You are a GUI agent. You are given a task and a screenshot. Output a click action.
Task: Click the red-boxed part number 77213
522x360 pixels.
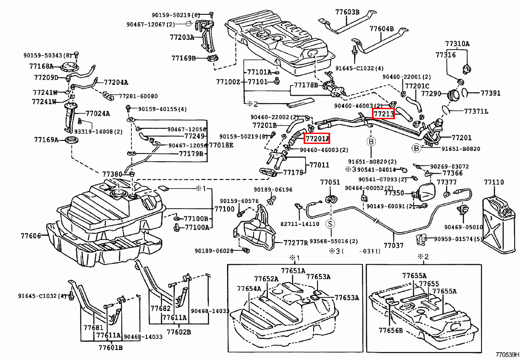pos(383,114)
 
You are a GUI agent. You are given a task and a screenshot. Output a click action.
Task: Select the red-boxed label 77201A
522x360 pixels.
pos(316,138)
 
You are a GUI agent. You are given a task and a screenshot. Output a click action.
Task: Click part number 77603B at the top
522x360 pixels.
pos(347,12)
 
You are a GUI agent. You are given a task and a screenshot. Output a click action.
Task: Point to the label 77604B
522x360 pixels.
pos(381,29)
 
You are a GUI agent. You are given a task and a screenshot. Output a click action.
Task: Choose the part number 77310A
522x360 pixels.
pos(457,44)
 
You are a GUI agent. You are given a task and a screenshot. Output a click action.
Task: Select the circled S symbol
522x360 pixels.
pos(330,224)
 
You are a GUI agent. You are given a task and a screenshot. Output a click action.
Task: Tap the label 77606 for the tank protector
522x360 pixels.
pos(30,236)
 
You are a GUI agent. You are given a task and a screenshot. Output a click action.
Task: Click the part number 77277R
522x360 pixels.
pos(295,242)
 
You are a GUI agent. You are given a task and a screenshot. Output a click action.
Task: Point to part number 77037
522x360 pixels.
pos(393,246)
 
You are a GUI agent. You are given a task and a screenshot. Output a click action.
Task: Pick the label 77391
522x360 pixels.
pos(490,93)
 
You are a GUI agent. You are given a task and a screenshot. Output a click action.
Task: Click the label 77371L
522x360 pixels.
pos(476,112)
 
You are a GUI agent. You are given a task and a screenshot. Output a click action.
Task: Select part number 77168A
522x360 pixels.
pos(41,67)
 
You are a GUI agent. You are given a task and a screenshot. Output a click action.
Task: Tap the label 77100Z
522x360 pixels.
pos(228,82)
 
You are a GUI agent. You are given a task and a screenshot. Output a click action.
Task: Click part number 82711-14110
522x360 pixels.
pos(300,224)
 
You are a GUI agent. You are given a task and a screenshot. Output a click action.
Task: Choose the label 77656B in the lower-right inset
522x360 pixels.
pos(390,330)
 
